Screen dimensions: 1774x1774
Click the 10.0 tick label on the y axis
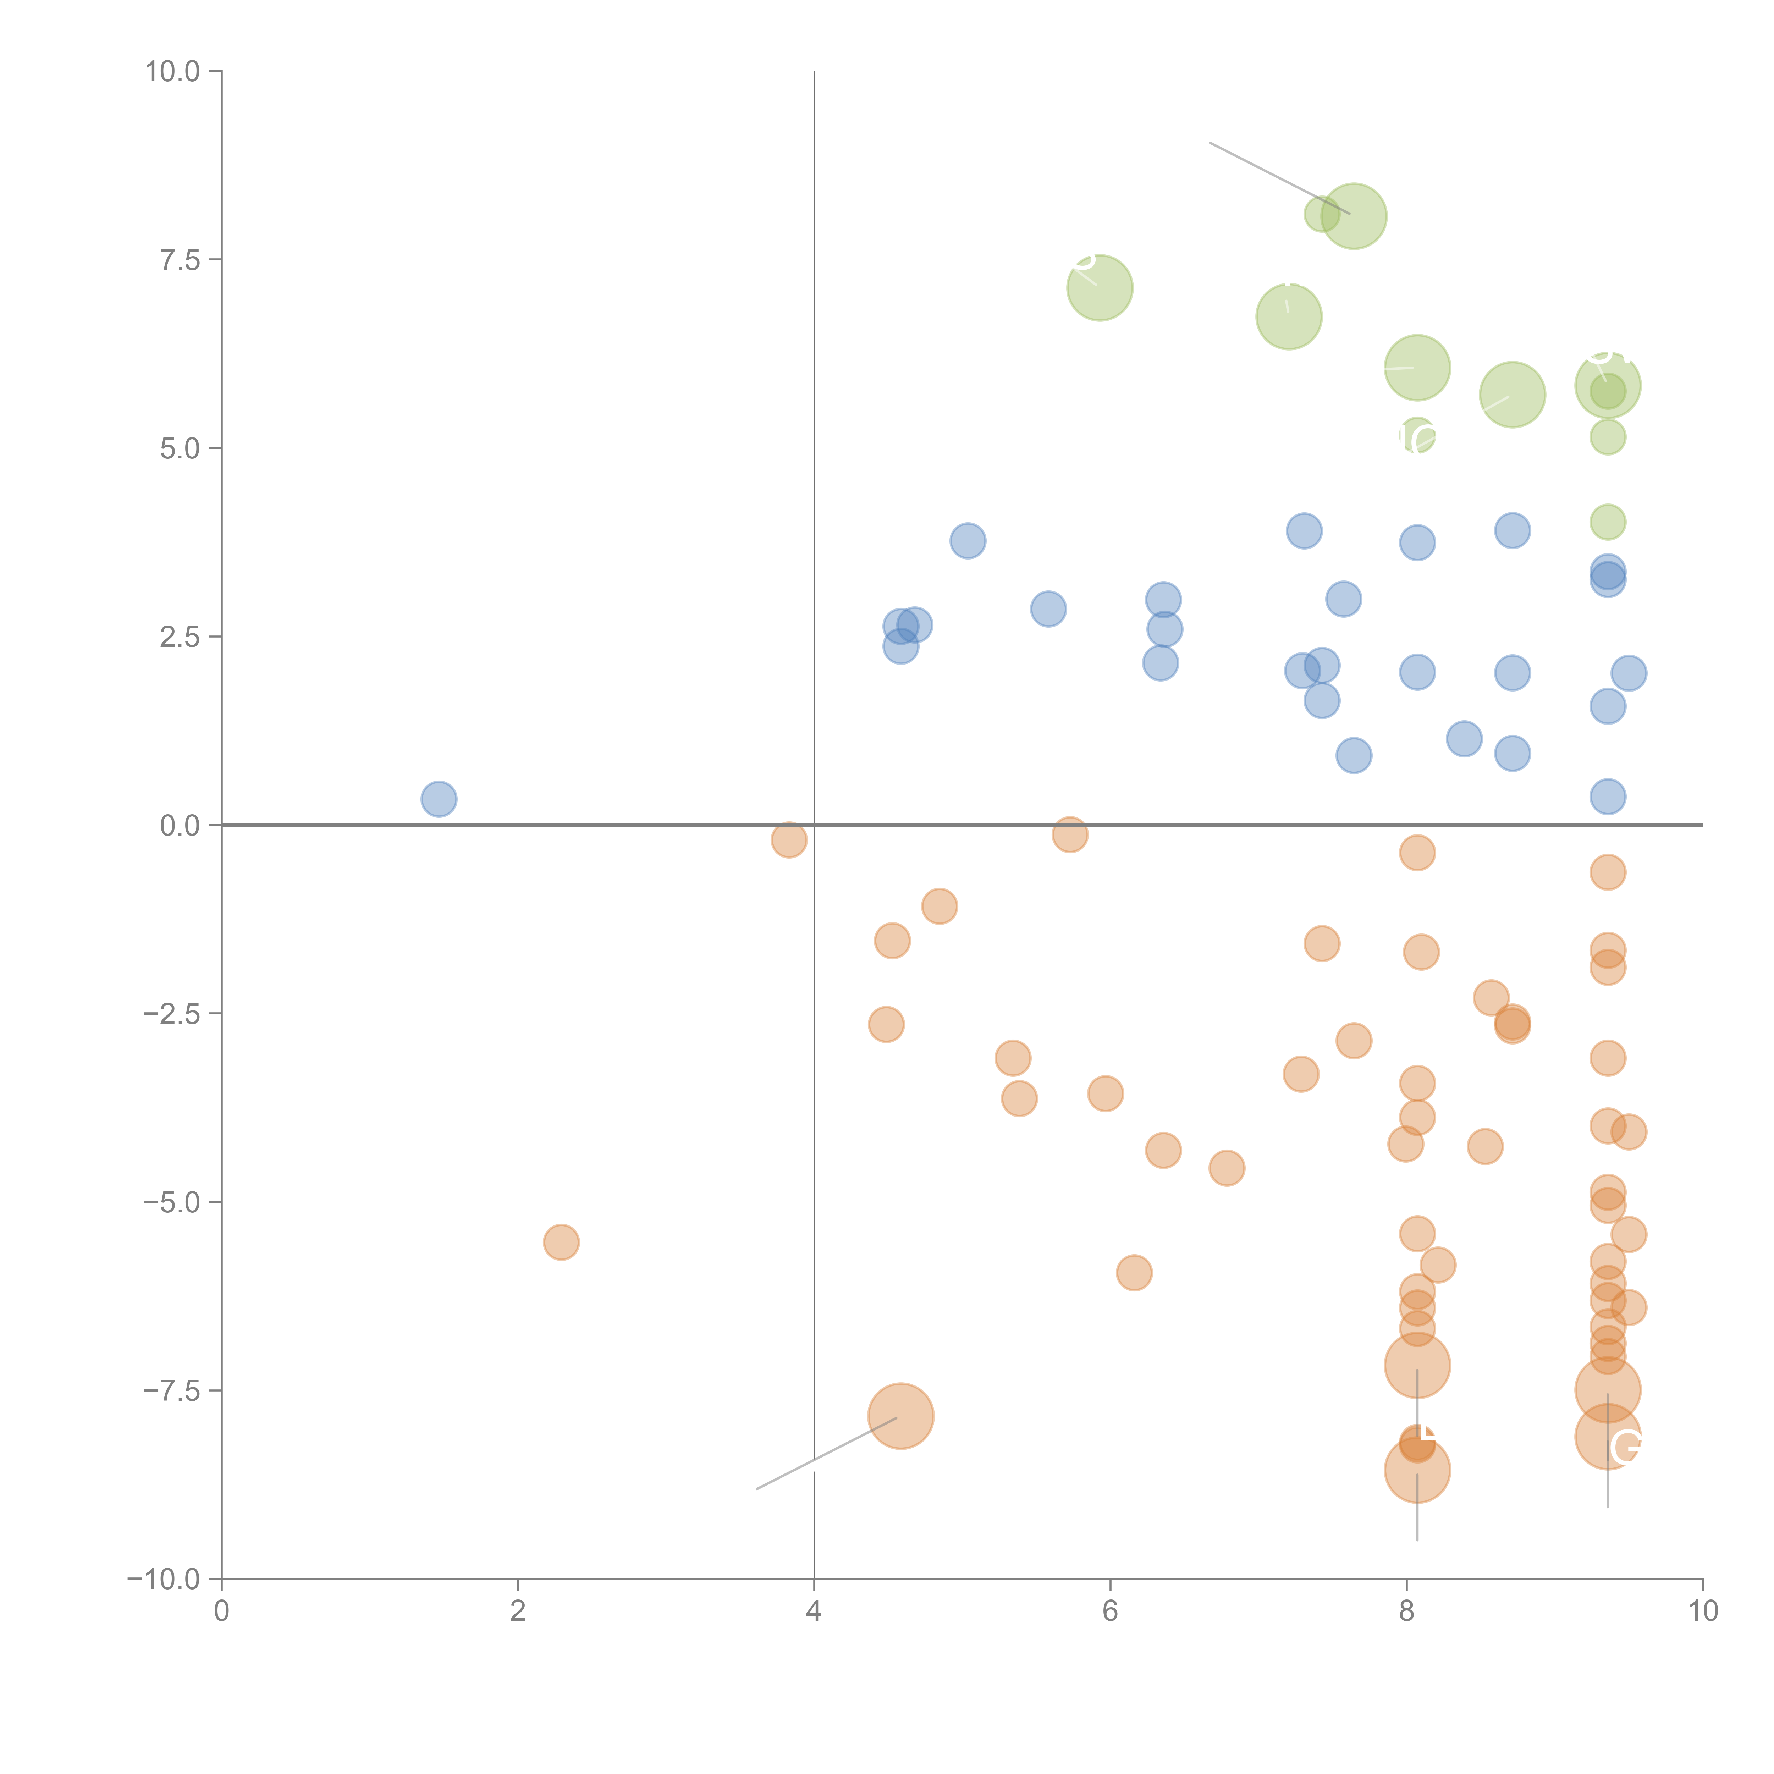tap(173, 72)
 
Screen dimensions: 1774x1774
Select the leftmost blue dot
tap(439, 799)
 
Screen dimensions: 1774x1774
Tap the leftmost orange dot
tap(561, 1243)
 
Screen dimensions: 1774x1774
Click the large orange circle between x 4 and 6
tap(901, 1416)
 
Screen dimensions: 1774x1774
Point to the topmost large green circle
tap(1354, 217)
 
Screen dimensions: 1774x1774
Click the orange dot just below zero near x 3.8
tap(789, 839)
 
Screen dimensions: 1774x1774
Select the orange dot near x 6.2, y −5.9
tap(1134, 1273)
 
